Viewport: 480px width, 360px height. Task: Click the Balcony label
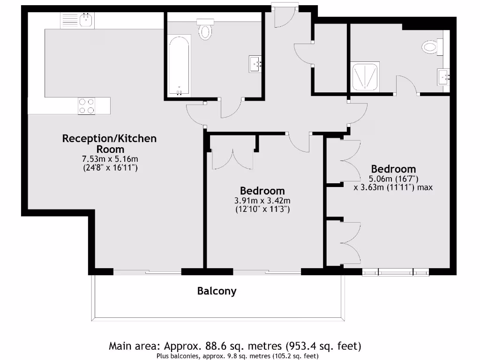(217, 291)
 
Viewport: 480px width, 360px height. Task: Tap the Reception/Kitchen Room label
(109, 143)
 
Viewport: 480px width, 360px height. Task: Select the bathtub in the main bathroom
(179, 65)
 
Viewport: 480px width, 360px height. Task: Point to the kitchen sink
(86, 20)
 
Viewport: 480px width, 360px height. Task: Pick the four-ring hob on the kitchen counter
(86, 106)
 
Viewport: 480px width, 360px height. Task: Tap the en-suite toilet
(432, 47)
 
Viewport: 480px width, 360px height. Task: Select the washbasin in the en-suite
(443, 75)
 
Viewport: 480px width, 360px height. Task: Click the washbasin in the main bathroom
(256, 64)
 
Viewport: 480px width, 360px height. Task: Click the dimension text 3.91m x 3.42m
(262, 201)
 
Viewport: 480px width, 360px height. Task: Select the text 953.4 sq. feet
(323, 346)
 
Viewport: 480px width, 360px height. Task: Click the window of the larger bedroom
(395, 271)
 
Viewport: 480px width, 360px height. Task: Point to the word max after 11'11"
(424, 187)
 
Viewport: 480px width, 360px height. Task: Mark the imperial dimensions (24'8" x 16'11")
(110, 167)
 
